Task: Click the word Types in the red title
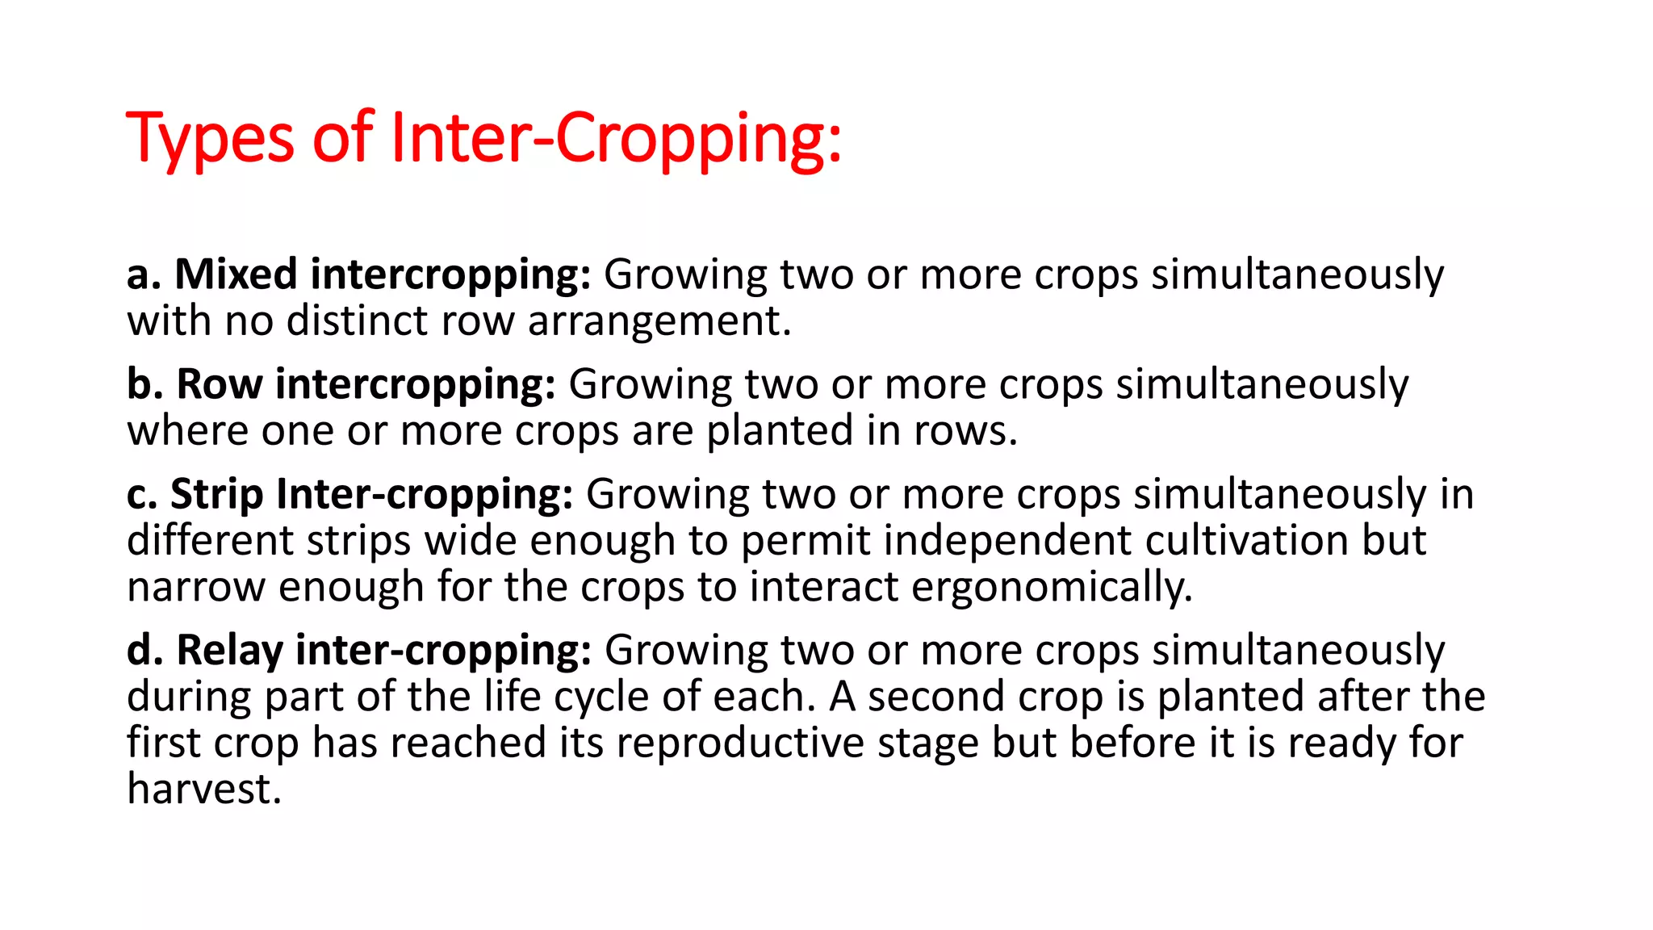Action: (x=210, y=139)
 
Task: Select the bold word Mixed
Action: (x=236, y=274)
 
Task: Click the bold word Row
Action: (x=219, y=384)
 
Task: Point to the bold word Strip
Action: (x=216, y=494)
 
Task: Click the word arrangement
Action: (x=659, y=321)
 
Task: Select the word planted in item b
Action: (x=780, y=431)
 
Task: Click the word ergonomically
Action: (x=1052, y=588)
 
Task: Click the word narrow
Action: (x=196, y=587)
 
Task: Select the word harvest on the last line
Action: (x=203, y=790)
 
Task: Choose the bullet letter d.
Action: (x=144, y=650)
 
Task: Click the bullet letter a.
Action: (x=143, y=274)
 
